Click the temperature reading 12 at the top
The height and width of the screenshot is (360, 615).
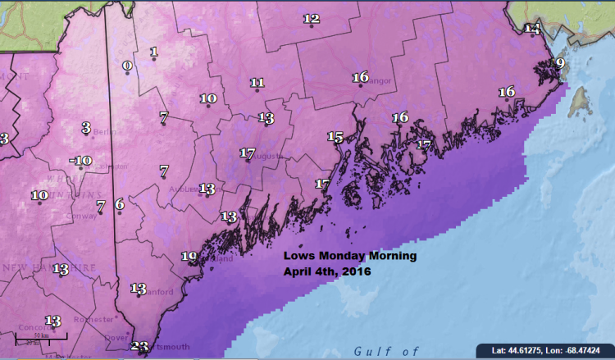tap(311, 19)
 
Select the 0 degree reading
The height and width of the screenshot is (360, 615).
tap(127, 66)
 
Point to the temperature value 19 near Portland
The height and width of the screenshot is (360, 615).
tap(189, 257)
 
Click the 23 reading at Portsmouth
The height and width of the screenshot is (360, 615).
tap(139, 347)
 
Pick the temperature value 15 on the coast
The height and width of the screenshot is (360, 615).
tap(335, 137)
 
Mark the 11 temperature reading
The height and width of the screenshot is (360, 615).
tap(257, 83)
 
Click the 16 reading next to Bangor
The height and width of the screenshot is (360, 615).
tap(360, 78)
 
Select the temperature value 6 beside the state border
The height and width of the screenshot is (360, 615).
tap(119, 203)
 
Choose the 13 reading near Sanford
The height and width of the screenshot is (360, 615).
tap(138, 289)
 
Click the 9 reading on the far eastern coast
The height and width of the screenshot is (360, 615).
tap(560, 63)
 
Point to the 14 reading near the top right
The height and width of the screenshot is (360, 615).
tap(533, 30)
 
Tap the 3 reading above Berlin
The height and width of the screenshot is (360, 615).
tap(85, 127)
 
